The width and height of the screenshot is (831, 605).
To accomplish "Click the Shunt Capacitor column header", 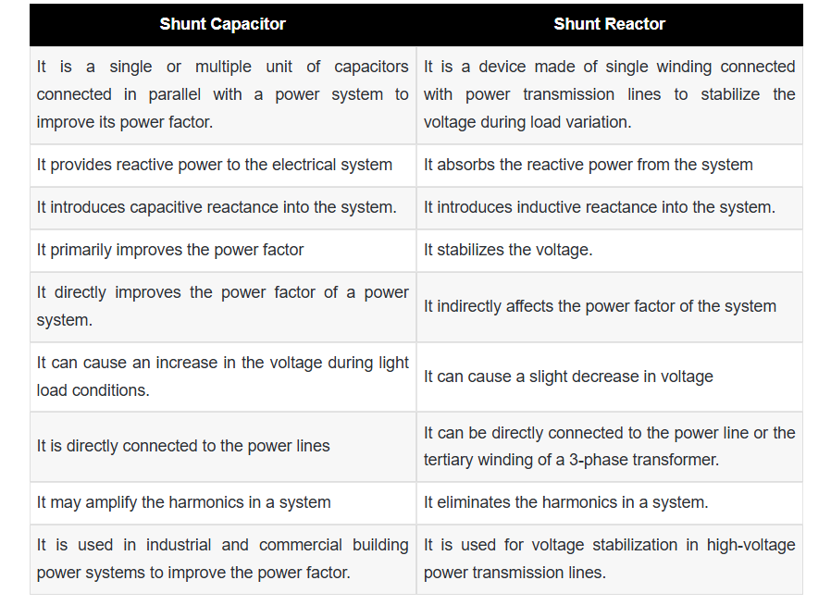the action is (223, 24).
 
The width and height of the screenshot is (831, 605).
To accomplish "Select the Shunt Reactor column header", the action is (610, 24).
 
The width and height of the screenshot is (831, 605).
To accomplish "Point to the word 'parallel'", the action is (174, 94).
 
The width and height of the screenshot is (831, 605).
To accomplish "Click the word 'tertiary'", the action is (448, 460).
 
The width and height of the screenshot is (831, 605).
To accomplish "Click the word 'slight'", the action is (548, 377).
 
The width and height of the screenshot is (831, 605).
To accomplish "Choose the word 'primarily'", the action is (81, 250).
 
